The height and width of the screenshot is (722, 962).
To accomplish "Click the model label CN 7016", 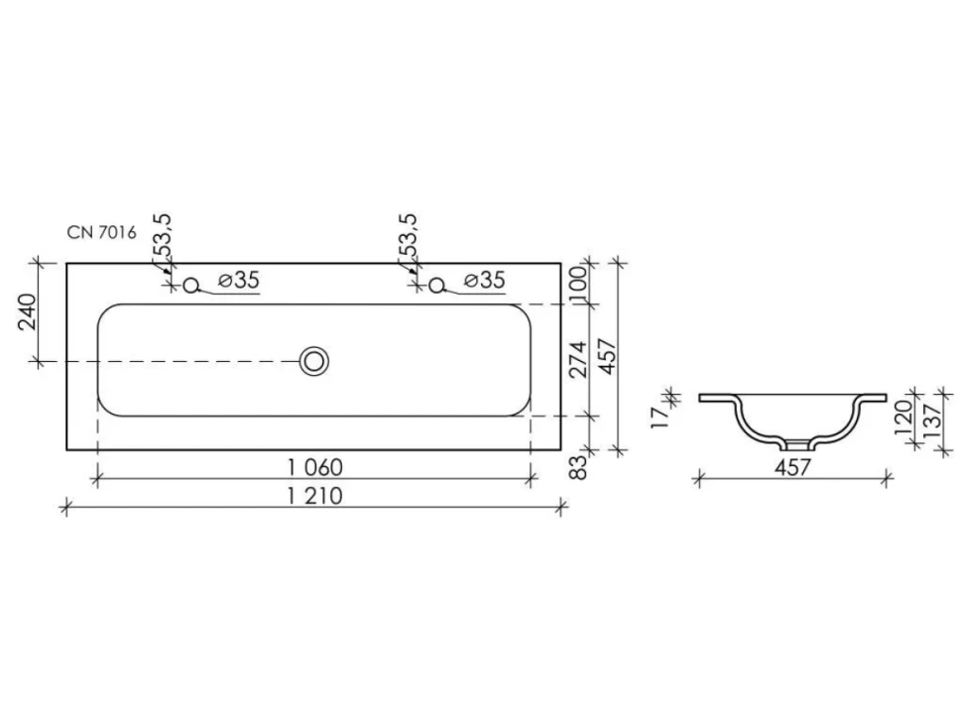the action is pos(102,232).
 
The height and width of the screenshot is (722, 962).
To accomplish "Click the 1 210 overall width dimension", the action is pos(314,495).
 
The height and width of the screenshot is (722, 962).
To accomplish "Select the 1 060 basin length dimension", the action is pos(314,467).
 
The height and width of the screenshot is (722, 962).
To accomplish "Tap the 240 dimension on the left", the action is pos(28,312).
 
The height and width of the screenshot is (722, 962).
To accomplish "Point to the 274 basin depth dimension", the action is pos(579,360).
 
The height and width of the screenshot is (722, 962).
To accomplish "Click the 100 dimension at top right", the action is pos(579,284).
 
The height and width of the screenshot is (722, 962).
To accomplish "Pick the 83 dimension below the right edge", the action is pos(579,467).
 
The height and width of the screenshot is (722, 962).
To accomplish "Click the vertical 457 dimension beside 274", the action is pos(607,356).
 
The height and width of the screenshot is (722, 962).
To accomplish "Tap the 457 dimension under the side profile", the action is pos(792,467).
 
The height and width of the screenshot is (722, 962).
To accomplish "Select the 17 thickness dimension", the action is pos(661,418).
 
